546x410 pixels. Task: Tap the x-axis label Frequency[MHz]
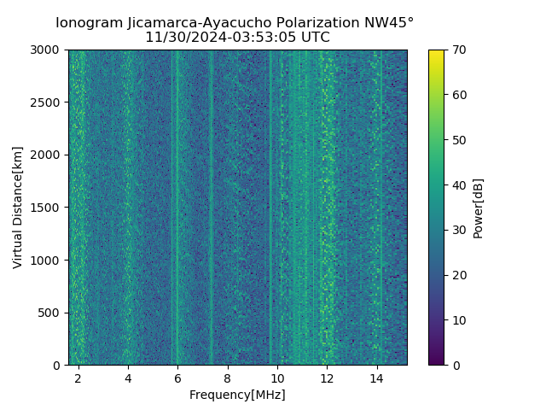(x=237, y=395)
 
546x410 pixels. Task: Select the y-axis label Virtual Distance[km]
(x=18, y=208)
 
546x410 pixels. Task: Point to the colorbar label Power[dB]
(x=479, y=208)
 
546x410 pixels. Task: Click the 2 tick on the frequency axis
(x=78, y=378)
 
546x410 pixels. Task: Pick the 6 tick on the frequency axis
(x=177, y=378)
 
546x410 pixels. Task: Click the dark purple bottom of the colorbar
(x=436, y=362)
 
